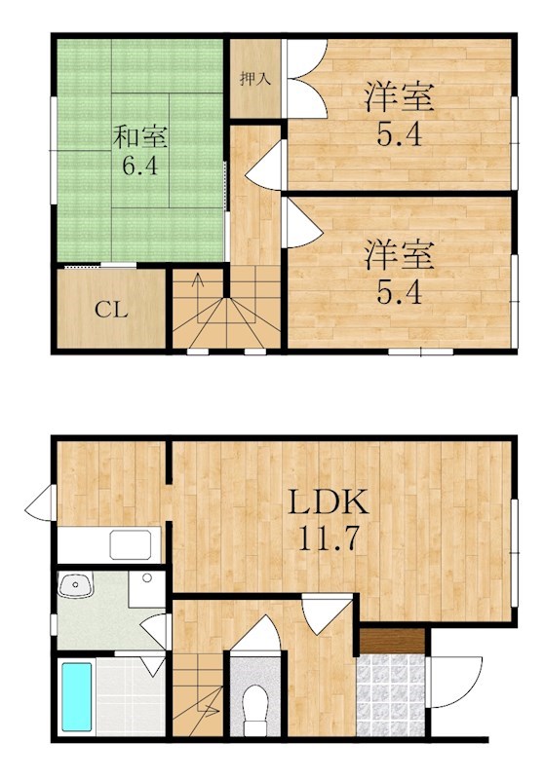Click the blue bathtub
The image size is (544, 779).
(75, 696)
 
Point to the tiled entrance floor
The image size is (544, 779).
(391, 693)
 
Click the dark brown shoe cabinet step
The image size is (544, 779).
(391, 641)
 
